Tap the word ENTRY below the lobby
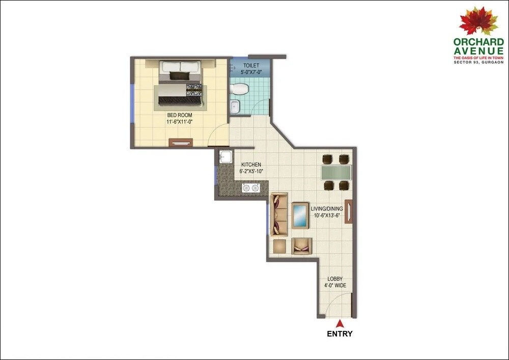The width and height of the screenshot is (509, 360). [x=340, y=335]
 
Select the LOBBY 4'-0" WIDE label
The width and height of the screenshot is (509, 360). [x=335, y=282]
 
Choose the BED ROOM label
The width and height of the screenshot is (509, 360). [x=179, y=119]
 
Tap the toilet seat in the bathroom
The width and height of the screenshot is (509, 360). [x=238, y=90]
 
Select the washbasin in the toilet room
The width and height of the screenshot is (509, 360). [x=234, y=107]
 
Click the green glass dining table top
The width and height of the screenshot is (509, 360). [x=336, y=173]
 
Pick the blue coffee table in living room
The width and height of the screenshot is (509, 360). [x=300, y=215]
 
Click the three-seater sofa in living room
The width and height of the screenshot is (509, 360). [x=279, y=214]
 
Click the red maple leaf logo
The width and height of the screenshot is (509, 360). [x=478, y=21]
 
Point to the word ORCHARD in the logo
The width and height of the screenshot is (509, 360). [x=479, y=43]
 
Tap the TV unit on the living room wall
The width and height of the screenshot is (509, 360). [x=348, y=211]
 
